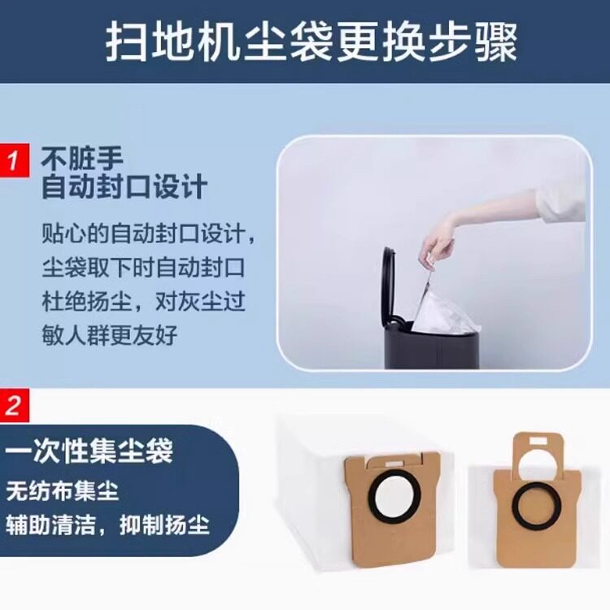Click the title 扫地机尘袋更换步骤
point(311,42)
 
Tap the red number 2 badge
point(14,404)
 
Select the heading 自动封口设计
point(124,188)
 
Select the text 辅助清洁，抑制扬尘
point(107,522)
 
